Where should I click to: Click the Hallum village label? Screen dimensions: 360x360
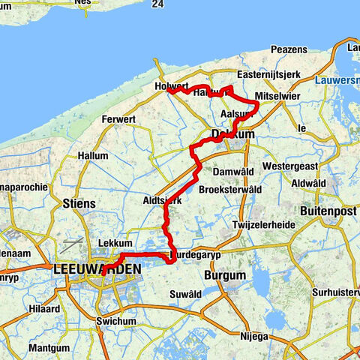click(92, 155)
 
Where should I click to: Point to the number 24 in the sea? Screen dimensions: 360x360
click(157, 4)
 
